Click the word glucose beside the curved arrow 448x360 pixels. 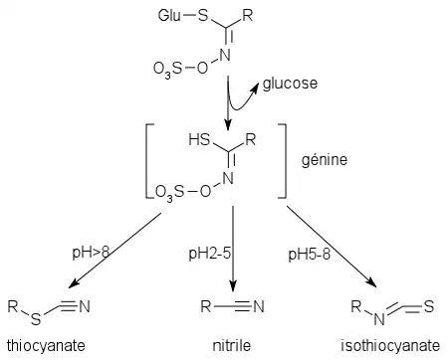click(x=290, y=84)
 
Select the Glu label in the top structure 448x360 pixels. click(x=169, y=16)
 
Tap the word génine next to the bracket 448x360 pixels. click(x=325, y=160)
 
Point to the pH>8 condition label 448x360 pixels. click(x=91, y=254)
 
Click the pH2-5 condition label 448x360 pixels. click(x=210, y=254)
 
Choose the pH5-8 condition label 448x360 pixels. click(x=310, y=255)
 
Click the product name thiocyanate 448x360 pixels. click(x=46, y=346)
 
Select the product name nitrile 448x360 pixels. click(x=232, y=346)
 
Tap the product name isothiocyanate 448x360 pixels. click(x=390, y=346)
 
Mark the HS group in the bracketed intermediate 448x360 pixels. click(x=199, y=139)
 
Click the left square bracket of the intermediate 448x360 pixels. click(x=149, y=161)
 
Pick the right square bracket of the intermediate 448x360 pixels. click(x=282, y=161)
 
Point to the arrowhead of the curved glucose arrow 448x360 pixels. click(x=255, y=87)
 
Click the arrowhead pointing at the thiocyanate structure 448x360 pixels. click(x=73, y=283)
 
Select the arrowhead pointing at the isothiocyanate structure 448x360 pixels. click(x=371, y=282)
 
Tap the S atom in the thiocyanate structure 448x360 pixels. click(x=36, y=319)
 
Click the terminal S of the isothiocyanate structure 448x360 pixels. click(x=429, y=306)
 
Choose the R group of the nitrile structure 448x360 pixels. click(x=206, y=306)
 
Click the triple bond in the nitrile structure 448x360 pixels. click(x=244, y=306)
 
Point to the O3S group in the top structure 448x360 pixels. click(x=168, y=69)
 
